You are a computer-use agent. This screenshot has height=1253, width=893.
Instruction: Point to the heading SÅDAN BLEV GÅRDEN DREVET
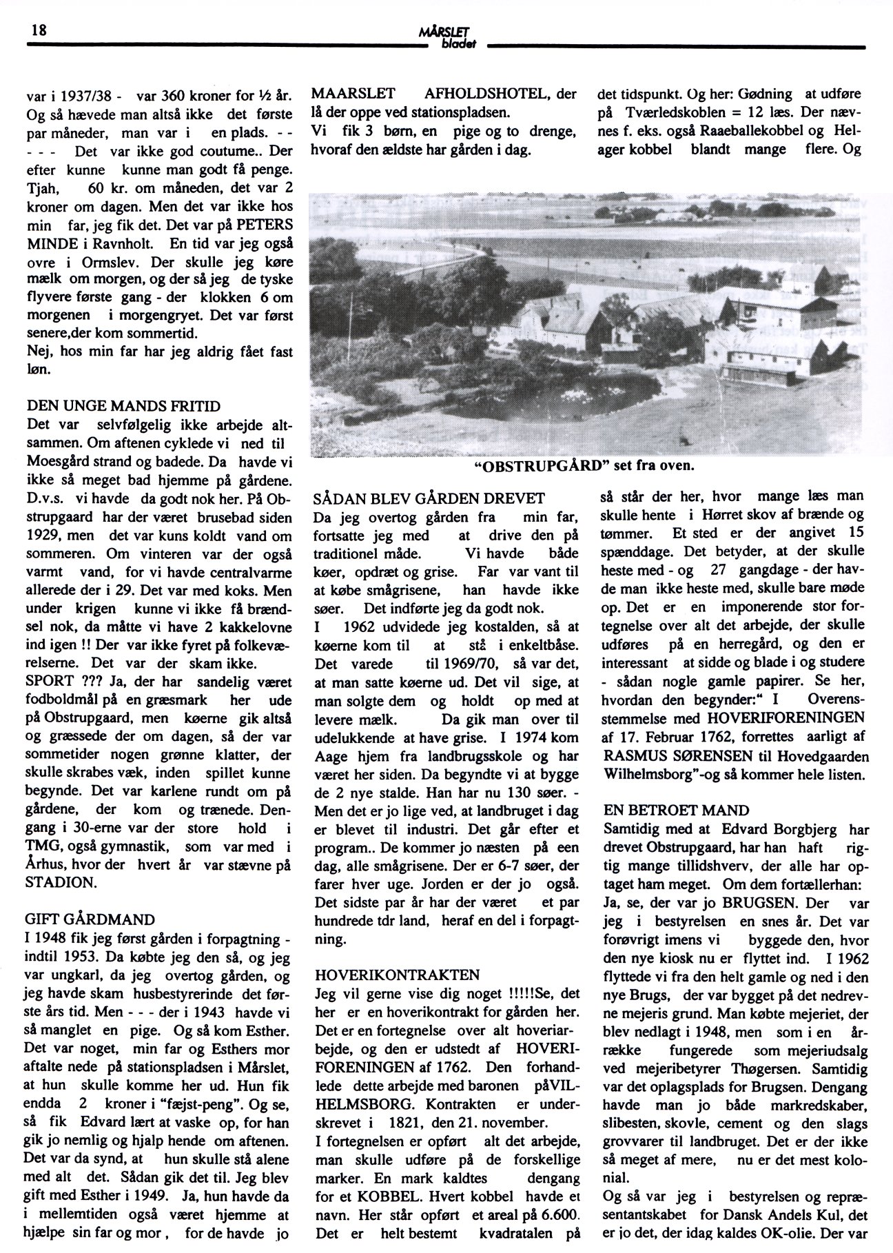429,498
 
